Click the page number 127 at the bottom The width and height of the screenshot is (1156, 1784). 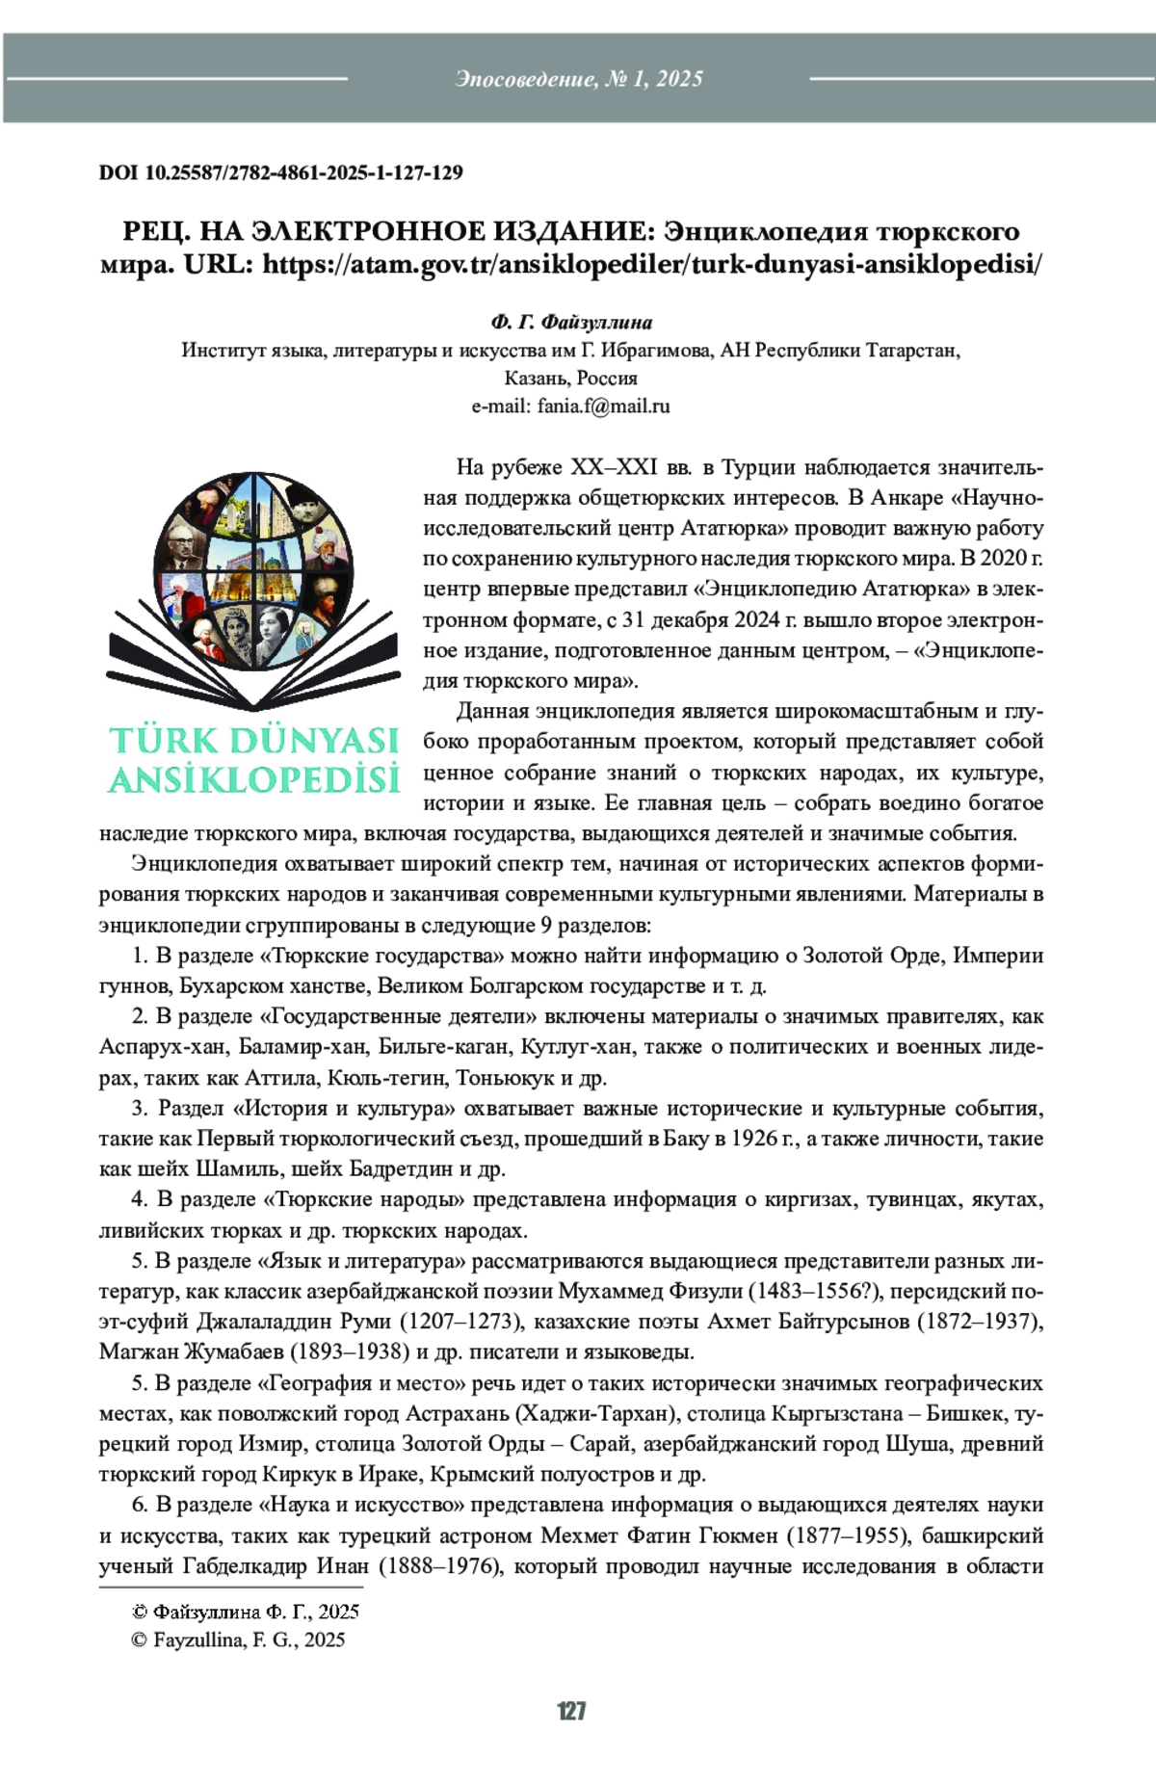571,1711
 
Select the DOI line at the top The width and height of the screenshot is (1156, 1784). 280,173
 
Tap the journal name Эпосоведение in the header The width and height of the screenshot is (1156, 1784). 526,79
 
